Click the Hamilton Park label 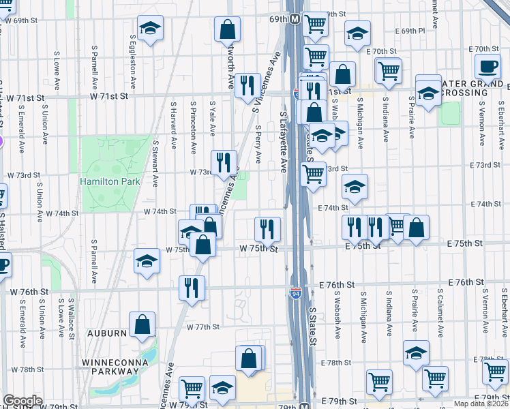coord(110,181)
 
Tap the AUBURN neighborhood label coord(106,333)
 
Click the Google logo coord(22,402)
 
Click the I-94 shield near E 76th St coord(295,293)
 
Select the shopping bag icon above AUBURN coord(142,326)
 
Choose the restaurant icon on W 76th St coord(192,287)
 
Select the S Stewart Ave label coord(155,164)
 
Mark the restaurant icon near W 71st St coord(247,85)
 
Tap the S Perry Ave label coord(258,144)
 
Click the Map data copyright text coord(481,404)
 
